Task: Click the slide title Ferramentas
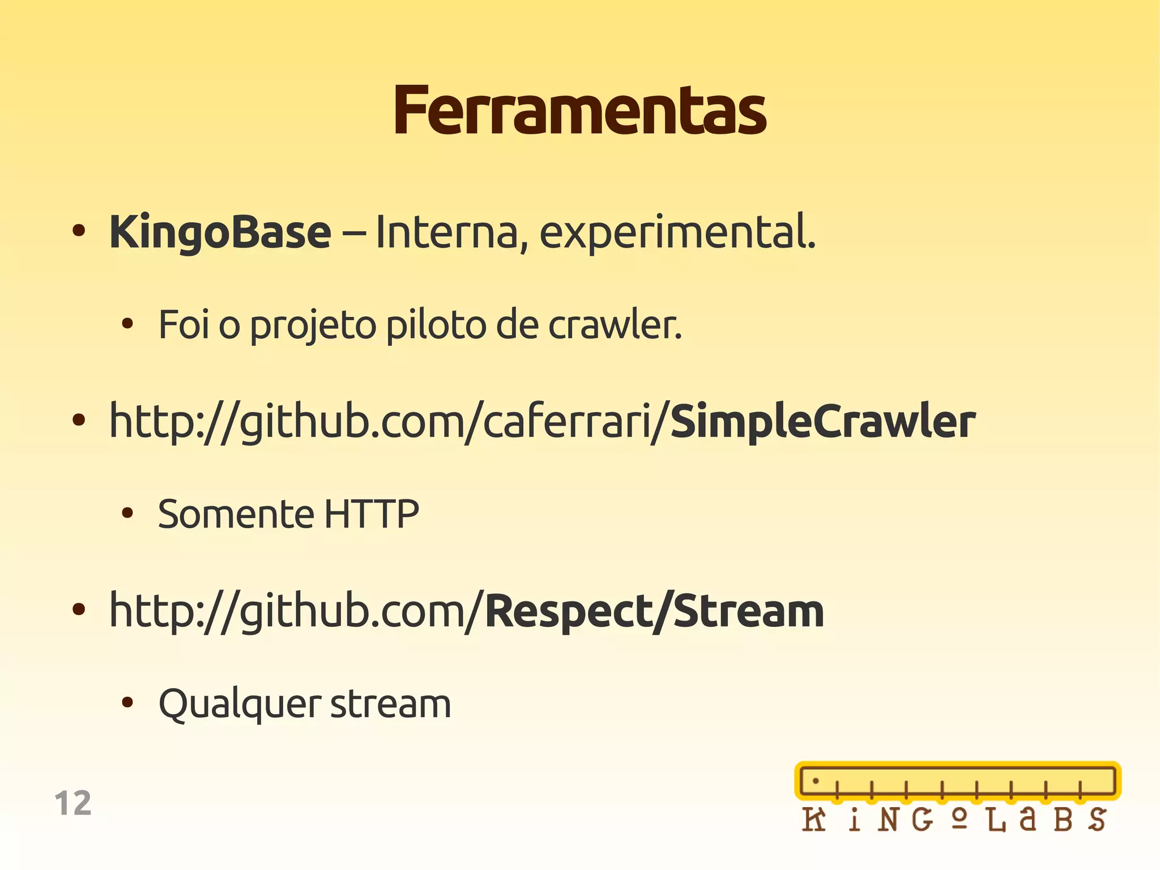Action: tap(579, 111)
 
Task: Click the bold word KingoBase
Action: tap(220, 232)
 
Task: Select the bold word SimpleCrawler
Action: tap(822, 422)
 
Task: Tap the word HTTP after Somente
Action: tap(372, 514)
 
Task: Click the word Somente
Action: tap(236, 514)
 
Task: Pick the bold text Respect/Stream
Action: tap(654, 611)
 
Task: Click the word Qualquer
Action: tap(240, 705)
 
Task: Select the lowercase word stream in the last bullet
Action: tap(390, 705)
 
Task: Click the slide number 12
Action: tap(73, 803)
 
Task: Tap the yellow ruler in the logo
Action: tap(957, 781)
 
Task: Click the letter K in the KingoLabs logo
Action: tap(814, 820)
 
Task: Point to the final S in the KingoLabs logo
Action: tap(1097, 820)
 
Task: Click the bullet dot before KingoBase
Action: tap(79, 231)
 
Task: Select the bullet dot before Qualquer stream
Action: tap(127, 703)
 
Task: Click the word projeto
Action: tap(313, 326)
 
